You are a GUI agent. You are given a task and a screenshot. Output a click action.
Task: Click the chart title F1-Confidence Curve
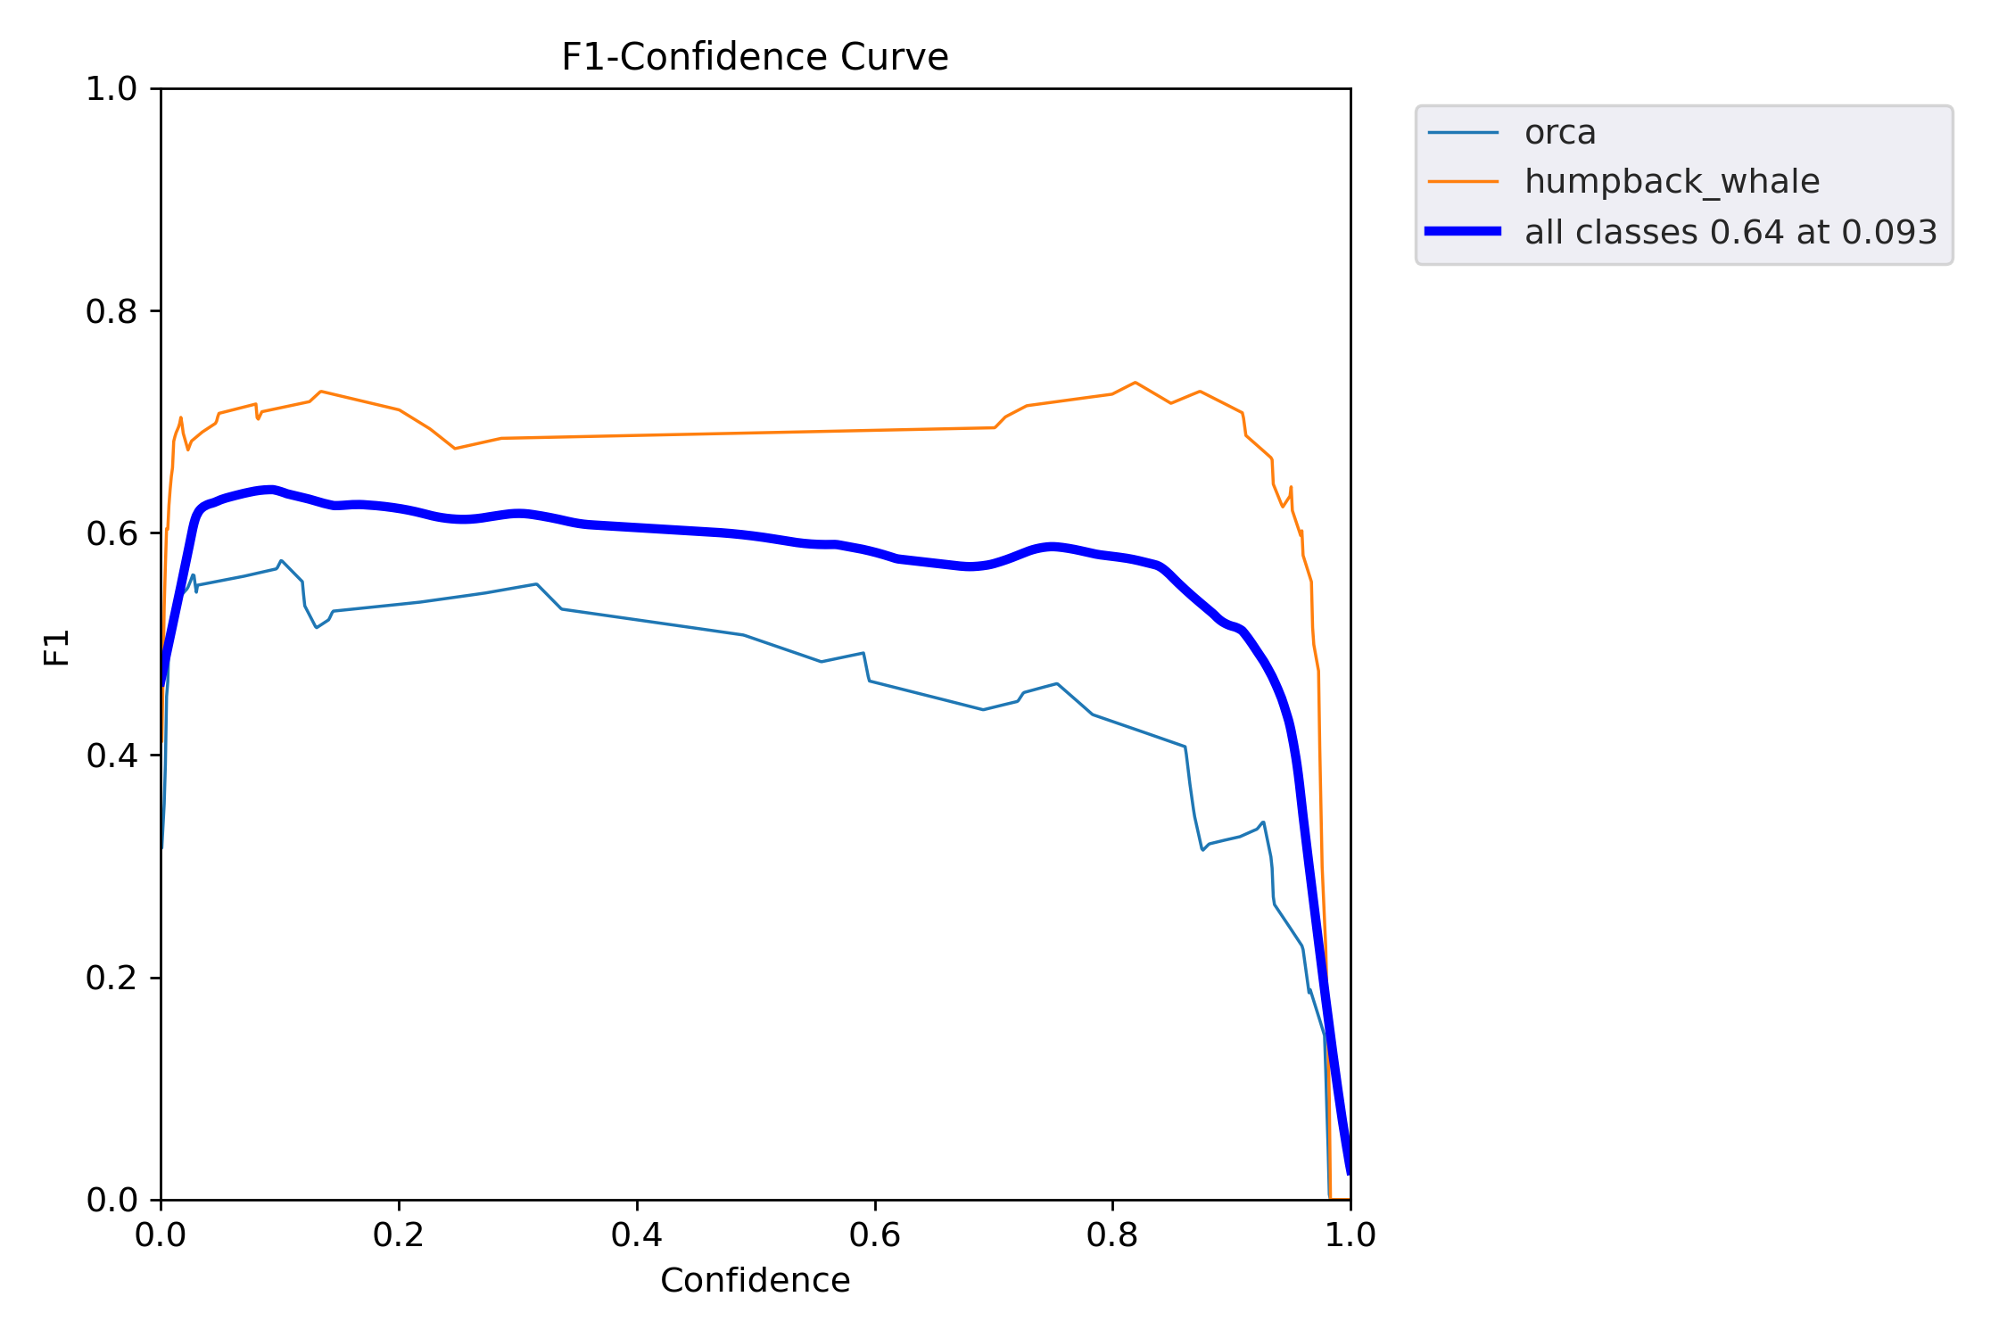[x=755, y=58]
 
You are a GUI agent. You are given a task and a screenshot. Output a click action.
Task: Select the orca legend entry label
[x=1560, y=133]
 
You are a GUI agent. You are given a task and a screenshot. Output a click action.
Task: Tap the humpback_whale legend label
[x=1672, y=182]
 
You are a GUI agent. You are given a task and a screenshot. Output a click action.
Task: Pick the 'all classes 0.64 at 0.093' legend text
[x=1730, y=233]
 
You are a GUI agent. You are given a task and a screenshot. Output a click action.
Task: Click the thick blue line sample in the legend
[x=1463, y=232]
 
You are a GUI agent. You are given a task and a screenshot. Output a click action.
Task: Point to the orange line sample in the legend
[x=1463, y=182]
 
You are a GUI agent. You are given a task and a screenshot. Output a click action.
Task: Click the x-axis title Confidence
[x=755, y=1281]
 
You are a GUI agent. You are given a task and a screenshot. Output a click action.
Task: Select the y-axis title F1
[x=57, y=648]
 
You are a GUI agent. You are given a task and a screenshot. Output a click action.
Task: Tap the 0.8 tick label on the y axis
[x=111, y=311]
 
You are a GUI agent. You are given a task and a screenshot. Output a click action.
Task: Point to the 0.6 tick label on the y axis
[x=111, y=533]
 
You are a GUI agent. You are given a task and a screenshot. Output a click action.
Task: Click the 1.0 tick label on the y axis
[x=111, y=89]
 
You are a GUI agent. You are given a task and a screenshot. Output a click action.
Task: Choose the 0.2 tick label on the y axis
[x=111, y=979]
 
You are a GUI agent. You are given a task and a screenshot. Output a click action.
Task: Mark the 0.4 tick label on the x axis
[x=637, y=1235]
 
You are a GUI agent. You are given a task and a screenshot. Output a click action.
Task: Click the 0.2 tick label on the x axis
[x=399, y=1235]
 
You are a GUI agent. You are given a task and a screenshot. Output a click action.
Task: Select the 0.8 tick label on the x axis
[x=1112, y=1235]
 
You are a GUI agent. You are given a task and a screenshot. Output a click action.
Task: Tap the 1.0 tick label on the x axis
[x=1350, y=1235]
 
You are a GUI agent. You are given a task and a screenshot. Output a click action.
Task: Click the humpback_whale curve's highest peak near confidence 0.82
[x=1135, y=383]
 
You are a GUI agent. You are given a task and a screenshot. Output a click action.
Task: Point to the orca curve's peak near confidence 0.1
[x=281, y=561]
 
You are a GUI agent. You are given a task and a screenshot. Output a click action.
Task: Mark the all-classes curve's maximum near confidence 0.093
[x=271, y=489]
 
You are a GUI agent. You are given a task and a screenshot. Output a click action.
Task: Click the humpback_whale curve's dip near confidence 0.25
[x=455, y=448]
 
